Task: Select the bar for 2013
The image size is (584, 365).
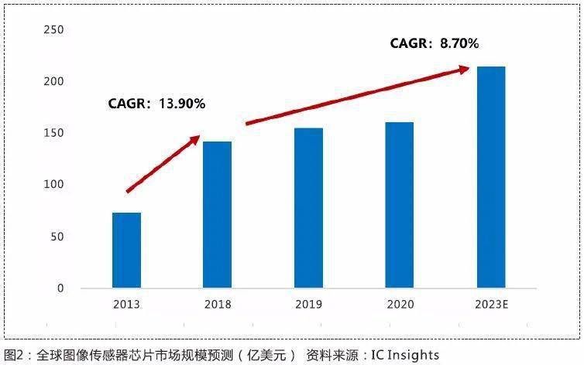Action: pos(126,250)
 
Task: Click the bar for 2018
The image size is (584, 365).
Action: pos(217,215)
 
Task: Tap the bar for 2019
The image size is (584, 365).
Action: pos(308,208)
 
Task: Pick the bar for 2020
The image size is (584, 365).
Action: pos(399,205)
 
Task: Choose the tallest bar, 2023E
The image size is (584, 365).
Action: pos(491,177)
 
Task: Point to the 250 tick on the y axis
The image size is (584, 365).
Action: pos(53,29)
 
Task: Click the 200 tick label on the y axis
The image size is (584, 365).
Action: pos(53,81)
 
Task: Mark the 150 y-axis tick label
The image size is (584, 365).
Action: pos(53,133)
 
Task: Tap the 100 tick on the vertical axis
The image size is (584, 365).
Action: pos(53,184)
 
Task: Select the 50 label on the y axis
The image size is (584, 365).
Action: pos(57,237)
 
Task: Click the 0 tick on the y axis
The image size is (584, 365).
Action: pos(60,288)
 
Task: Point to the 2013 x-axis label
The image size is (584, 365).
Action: pos(126,305)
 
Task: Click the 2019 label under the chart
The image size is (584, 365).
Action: pos(308,305)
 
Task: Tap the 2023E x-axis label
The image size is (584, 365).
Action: pos(492,305)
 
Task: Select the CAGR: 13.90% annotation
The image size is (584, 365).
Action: pos(156,104)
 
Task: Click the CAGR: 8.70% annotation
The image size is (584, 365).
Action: pos(435,43)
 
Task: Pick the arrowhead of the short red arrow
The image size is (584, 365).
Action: pos(196,139)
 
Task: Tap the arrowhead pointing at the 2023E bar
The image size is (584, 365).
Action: pos(464,70)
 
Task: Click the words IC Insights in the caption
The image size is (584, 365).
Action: pos(405,356)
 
